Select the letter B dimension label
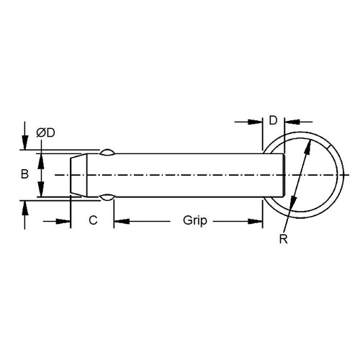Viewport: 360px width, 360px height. point(24,174)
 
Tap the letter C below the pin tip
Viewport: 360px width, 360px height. point(92,220)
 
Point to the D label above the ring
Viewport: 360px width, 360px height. point(273,121)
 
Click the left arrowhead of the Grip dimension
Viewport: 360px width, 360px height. point(120,221)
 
